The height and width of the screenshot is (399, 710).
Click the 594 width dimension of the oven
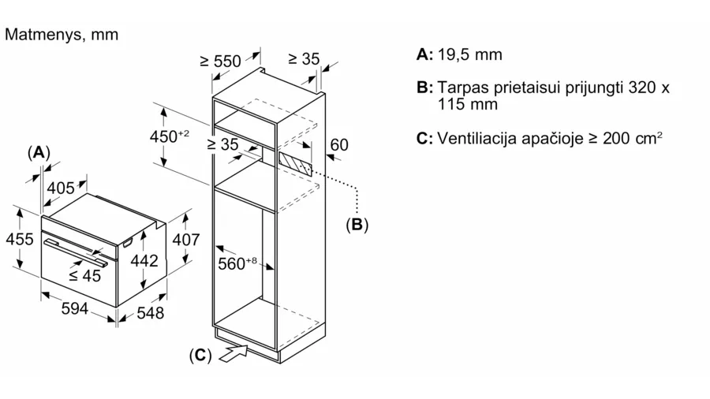point(74,309)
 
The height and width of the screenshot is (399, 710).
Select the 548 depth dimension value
point(151,313)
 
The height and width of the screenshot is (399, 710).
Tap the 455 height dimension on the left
point(20,239)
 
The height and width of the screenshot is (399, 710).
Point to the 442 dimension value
point(144,260)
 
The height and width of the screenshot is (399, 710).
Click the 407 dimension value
point(185,239)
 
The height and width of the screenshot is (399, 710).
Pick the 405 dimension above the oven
point(61,188)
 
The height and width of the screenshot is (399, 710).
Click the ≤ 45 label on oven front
point(84,275)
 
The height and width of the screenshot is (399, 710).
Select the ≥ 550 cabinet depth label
point(221,61)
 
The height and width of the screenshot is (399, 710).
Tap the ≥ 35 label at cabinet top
point(304,59)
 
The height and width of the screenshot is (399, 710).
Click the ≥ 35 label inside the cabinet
point(222,144)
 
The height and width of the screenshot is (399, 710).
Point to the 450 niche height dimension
point(169,136)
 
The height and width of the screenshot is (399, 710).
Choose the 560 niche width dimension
point(237,263)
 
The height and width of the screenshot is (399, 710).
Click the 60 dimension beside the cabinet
point(339,145)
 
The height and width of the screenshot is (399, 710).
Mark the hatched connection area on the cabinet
point(295,164)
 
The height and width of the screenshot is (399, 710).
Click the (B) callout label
point(357,225)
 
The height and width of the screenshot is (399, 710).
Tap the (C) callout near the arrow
point(200,355)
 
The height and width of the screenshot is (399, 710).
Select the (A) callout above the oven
point(39,152)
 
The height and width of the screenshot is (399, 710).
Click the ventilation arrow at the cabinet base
point(234,352)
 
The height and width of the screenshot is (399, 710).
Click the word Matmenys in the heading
point(44,35)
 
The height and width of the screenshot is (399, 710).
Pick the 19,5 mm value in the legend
point(470,54)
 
